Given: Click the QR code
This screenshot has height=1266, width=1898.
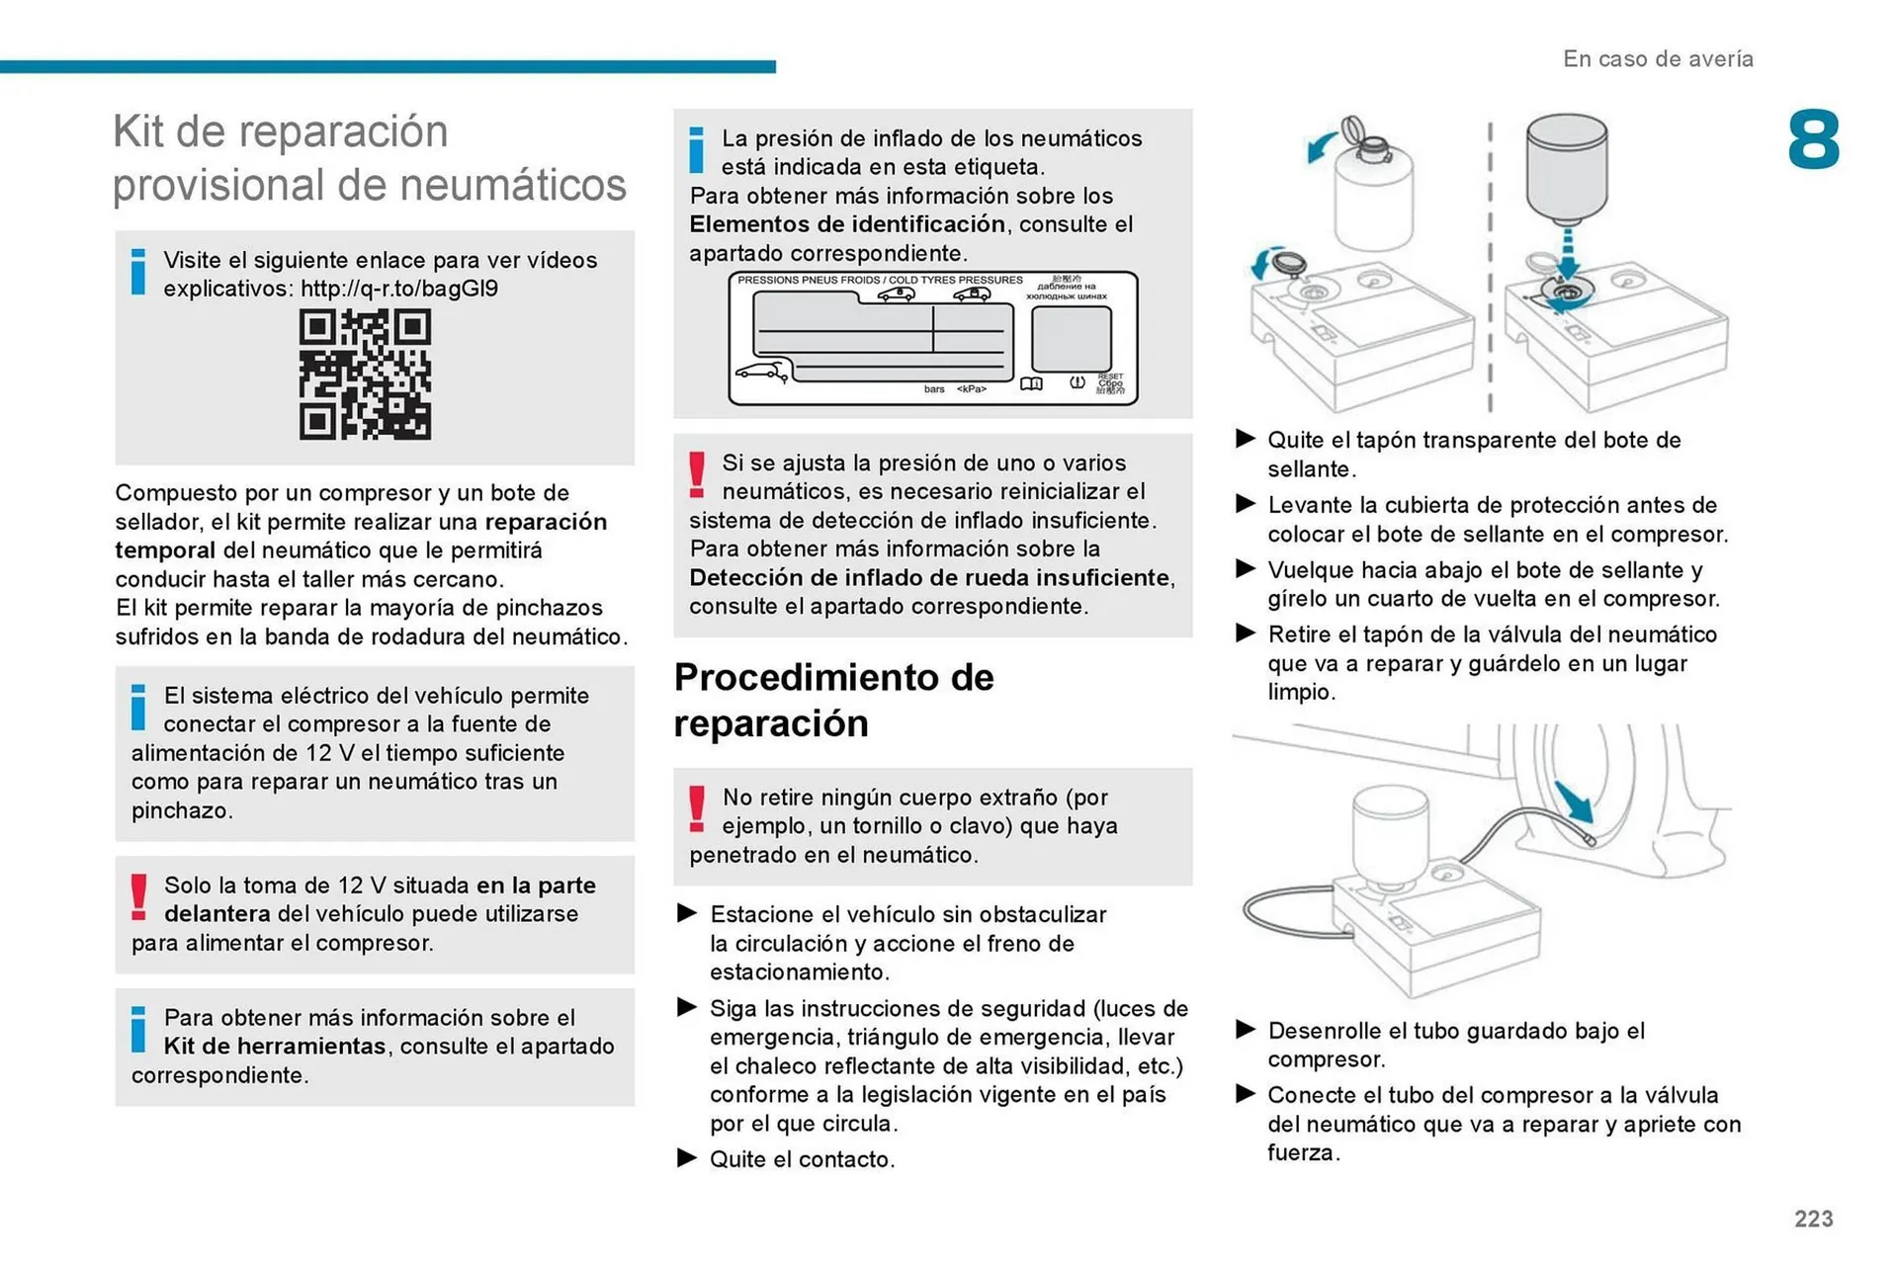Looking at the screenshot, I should tap(365, 375).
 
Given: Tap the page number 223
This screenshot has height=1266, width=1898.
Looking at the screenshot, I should tap(1813, 1219).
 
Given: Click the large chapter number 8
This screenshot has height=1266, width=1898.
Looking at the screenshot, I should tap(1813, 140).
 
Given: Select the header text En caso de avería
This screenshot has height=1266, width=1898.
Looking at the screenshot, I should tap(1658, 59).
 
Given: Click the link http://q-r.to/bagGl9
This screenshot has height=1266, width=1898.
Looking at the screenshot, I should tap(399, 289).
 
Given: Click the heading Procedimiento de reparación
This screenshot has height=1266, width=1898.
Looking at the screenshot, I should tap(833, 700).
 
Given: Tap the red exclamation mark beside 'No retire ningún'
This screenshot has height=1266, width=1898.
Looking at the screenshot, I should tap(697, 807).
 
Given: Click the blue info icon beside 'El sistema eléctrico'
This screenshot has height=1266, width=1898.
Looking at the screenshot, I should tap(138, 707).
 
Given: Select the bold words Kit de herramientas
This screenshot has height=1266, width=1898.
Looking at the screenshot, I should tap(274, 1047).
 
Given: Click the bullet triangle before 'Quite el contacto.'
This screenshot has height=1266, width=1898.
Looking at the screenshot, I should tap(687, 1158).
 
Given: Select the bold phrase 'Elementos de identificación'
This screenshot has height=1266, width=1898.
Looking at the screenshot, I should tap(847, 224).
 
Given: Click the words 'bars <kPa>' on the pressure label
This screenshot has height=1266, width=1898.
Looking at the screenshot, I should tap(955, 389).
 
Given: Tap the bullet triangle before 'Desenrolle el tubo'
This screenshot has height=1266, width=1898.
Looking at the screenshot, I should tap(1246, 1030).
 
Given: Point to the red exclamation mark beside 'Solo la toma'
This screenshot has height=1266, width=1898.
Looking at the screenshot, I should tap(139, 896).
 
